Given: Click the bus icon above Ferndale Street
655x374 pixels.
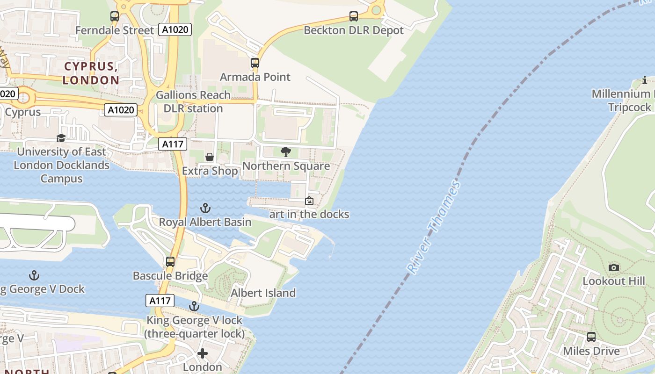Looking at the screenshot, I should click(x=115, y=16).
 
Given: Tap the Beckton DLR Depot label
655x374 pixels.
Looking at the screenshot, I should click(x=354, y=30).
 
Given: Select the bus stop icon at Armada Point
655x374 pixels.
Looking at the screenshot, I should click(x=255, y=63).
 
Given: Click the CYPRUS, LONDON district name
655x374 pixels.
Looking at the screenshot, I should click(x=91, y=73).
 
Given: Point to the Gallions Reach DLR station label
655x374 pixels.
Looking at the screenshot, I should click(x=193, y=101).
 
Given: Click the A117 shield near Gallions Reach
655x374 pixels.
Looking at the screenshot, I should click(x=173, y=144).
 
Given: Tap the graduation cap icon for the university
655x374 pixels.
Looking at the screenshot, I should click(x=61, y=138).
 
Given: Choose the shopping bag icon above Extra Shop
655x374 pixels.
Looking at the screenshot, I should click(x=210, y=157).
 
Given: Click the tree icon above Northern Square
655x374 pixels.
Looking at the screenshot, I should click(x=286, y=152).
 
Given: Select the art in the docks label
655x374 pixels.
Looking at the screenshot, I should click(x=309, y=215).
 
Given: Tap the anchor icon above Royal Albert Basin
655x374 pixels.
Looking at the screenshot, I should click(x=205, y=208).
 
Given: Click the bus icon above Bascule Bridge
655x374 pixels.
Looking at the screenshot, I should click(x=170, y=262).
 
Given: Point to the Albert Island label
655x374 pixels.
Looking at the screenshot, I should click(x=263, y=293).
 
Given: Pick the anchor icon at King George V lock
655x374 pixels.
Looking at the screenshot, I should click(x=194, y=307).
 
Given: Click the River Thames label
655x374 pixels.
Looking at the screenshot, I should click(x=434, y=227).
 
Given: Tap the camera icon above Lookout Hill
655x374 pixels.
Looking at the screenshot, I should click(x=614, y=267).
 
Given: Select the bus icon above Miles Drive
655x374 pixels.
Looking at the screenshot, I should click(x=591, y=337).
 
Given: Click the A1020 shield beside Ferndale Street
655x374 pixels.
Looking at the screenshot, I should click(x=175, y=30).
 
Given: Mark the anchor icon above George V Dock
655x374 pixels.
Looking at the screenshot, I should click(x=34, y=275).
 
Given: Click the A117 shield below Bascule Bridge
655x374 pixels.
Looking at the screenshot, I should click(x=160, y=301).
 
